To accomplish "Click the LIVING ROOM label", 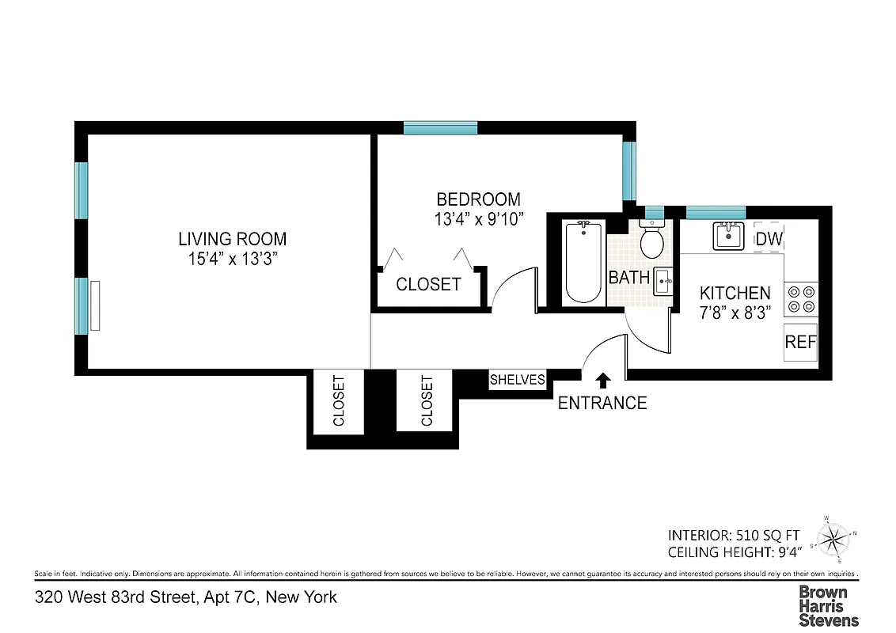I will pyautogui.click(x=232, y=239).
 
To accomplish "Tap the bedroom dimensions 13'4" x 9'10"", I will pyautogui.click(x=478, y=218).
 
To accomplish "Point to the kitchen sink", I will pyautogui.click(x=727, y=237).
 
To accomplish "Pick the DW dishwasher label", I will pyautogui.click(x=769, y=239).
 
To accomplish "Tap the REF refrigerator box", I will pyautogui.click(x=800, y=343).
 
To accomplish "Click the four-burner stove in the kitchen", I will pyautogui.click(x=800, y=299).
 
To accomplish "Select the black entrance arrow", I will pyautogui.click(x=603, y=381).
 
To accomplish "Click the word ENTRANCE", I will pyautogui.click(x=602, y=403).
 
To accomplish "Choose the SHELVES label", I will pyautogui.click(x=518, y=380).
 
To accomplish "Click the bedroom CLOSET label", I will pyautogui.click(x=428, y=284).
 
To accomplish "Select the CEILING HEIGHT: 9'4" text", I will pyautogui.click(x=735, y=552).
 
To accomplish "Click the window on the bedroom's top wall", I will pyautogui.click(x=440, y=128).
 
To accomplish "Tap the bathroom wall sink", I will pyautogui.click(x=663, y=281).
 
